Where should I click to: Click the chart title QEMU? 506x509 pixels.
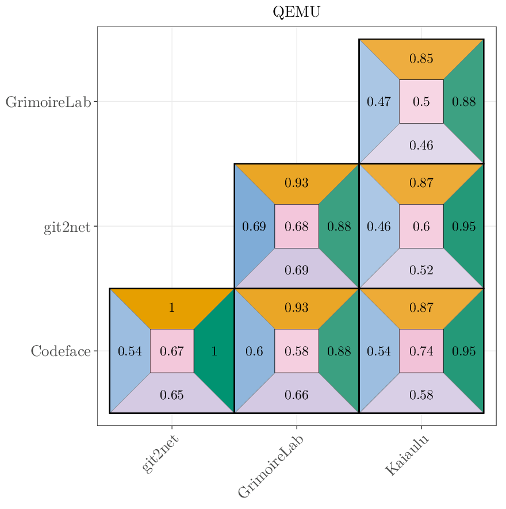pyautogui.click(x=296, y=12)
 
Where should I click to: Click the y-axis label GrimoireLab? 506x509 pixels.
pyautogui.click(x=48, y=102)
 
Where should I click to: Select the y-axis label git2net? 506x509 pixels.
pyautogui.click(x=67, y=227)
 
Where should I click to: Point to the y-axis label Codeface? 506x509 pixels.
pyautogui.click(x=60, y=351)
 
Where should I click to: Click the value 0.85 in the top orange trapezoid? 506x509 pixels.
pyautogui.click(x=421, y=59)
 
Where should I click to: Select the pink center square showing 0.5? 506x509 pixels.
pyautogui.click(x=421, y=102)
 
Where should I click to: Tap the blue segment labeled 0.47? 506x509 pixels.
pyautogui.click(x=378, y=102)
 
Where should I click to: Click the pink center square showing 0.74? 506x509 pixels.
pyautogui.click(x=421, y=351)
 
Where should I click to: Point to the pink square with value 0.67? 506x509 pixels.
pyautogui.click(x=172, y=351)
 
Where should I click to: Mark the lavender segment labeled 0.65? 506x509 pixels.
pyautogui.click(x=172, y=395)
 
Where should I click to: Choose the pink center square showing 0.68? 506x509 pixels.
pyautogui.click(x=297, y=226)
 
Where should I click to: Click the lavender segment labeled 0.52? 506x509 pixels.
pyautogui.click(x=421, y=270)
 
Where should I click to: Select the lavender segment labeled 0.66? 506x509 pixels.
pyautogui.click(x=297, y=395)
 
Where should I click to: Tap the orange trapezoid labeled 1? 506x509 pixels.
pyautogui.click(x=172, y=307)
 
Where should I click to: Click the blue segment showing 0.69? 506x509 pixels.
pyautogui.click(x=254, y=226)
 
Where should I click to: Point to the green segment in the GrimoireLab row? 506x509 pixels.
pyautogui.click(x=464, y=102)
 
